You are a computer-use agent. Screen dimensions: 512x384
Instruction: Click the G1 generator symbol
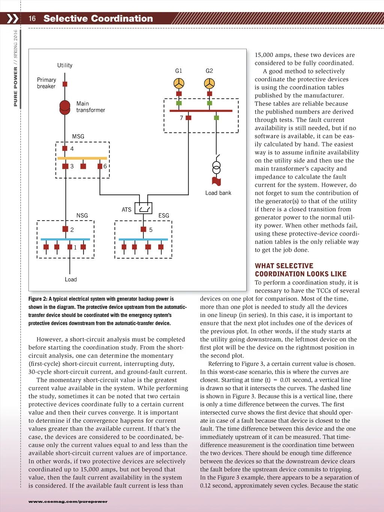179,83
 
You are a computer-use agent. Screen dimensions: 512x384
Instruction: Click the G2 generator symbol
209,83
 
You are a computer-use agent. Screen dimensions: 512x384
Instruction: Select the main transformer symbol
65,107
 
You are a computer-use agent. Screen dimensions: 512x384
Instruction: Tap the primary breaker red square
65,84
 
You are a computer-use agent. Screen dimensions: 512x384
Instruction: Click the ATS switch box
143,208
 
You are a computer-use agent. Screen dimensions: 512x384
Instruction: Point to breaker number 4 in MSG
65,149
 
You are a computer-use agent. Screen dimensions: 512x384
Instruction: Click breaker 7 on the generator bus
188,118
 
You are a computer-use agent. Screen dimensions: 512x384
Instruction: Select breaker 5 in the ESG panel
143,229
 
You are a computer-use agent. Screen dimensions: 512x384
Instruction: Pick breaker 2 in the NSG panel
65,229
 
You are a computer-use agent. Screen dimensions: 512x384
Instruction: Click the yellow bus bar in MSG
82,158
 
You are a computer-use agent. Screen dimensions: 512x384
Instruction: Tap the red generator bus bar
201,111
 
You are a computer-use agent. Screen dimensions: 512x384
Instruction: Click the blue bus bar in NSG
65,239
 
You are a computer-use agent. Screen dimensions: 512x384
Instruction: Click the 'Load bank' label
218,193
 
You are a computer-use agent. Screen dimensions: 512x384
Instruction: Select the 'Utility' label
65,65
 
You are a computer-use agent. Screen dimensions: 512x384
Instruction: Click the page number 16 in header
32,18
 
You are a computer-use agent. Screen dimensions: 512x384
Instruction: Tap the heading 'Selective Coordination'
98,18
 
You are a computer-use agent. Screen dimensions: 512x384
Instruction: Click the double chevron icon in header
12,18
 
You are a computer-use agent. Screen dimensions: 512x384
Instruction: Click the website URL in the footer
68,501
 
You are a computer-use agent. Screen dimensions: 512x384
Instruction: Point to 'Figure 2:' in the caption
38,299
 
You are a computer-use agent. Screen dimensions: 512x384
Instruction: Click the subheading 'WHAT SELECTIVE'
284,266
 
